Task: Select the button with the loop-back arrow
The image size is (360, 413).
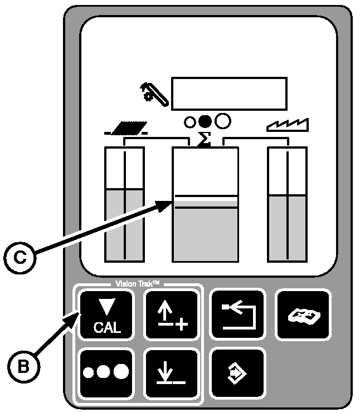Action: coord(236,314)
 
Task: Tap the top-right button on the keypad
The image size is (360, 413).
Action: coord(303,314)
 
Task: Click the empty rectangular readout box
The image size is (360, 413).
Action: coord(230,94)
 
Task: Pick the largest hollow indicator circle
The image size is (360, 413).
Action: coord(222,121)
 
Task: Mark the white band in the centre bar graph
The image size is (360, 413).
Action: coord(206,201)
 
